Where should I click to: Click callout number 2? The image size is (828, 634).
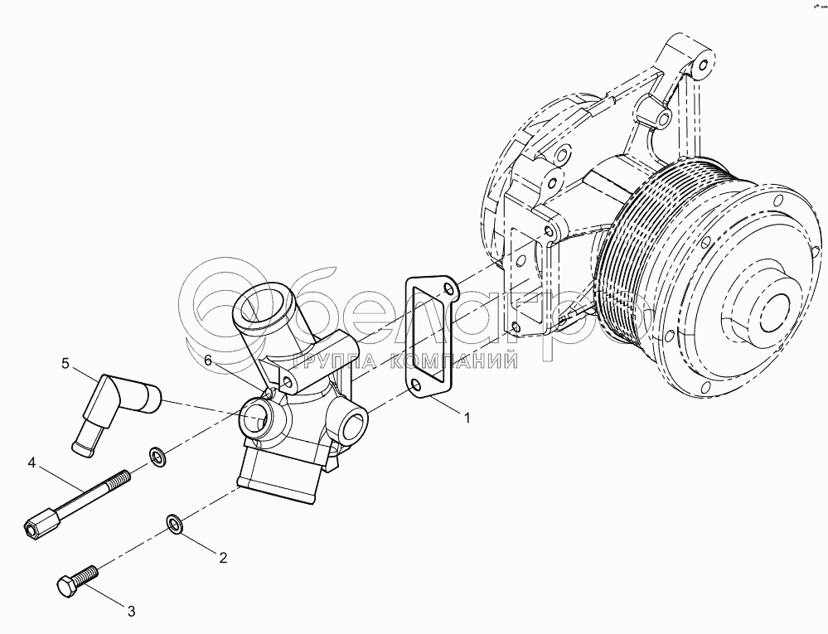[x=223, y=557]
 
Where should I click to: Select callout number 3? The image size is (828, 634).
[x=130, y=612]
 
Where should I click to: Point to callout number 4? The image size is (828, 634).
[x=31, y=462]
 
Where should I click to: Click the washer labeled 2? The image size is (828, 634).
[x=175, y=523]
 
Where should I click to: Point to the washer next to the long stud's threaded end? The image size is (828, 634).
[x=156, y=456]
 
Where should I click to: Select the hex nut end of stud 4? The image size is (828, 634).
[x=38, y=524]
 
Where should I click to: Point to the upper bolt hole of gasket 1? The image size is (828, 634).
[x=448, y=289]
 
